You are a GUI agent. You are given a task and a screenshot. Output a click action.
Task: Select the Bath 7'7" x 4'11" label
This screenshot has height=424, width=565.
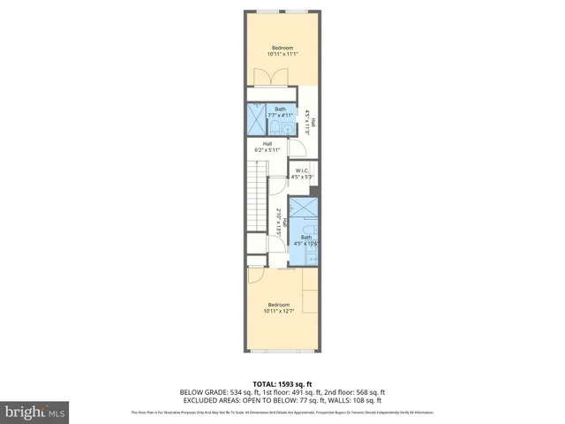(x=280, y=112)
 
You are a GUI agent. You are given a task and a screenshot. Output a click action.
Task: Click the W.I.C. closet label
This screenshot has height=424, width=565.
(x=302, y=174)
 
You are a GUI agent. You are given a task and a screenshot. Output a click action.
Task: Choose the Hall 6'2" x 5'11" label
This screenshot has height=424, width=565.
(x=267, y=146)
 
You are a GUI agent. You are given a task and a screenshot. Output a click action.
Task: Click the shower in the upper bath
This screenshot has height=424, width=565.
(x=255, y=117)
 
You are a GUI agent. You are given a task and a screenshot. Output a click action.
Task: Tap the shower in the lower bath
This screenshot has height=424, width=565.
(x=305, y=209)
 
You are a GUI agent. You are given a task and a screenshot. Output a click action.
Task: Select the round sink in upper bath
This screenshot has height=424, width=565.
(x=274, y=126)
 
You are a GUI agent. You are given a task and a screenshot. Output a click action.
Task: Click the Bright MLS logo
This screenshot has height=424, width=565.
(x=34, y=412)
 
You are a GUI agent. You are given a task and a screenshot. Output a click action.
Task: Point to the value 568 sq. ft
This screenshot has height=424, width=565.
(x=368, y=392)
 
